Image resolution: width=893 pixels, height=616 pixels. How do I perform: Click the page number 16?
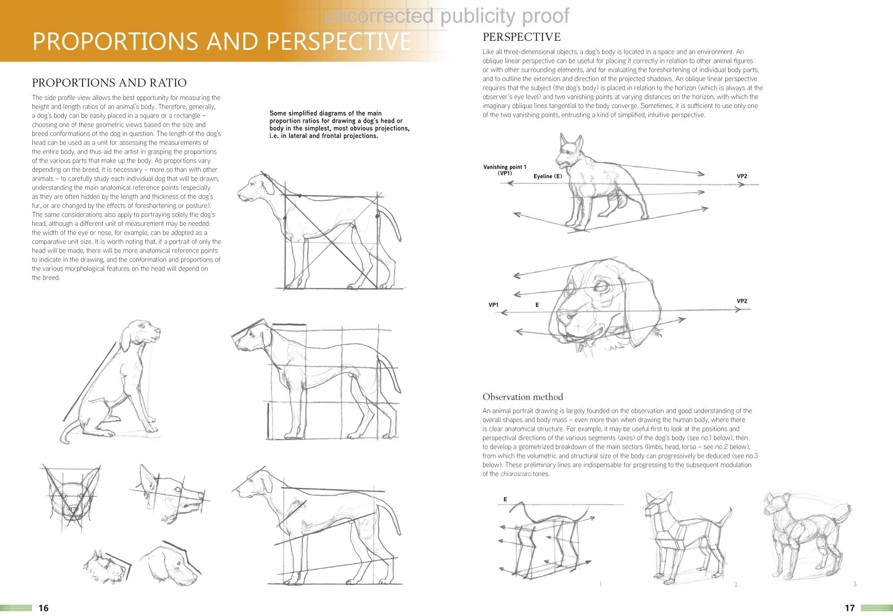[43, 608]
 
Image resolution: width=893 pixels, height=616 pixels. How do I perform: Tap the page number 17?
[850, 608]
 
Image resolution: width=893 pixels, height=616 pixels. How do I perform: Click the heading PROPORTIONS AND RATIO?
[109, 82]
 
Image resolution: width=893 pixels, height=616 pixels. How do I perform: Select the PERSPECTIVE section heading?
[521, 37]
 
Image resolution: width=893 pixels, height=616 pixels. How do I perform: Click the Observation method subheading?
[522, 396]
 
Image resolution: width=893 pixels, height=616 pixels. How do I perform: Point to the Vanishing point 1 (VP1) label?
[505, 170]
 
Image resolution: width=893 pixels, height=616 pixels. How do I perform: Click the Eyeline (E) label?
[548, 176]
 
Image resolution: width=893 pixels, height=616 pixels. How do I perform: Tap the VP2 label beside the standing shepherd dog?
[742, 176]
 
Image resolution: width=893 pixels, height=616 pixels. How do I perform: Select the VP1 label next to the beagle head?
[493, 305]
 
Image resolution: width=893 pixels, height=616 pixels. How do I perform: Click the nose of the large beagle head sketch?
[564, 316]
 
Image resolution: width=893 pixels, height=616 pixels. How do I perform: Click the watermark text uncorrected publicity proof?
[446, 16]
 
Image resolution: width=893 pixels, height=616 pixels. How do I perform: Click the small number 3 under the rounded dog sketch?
[854, 584]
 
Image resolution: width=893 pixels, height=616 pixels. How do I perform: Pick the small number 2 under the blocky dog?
[736, 584]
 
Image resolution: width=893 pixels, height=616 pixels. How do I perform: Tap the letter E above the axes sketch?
[505, 499]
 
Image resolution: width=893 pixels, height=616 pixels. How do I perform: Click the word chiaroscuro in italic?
[515, 474]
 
